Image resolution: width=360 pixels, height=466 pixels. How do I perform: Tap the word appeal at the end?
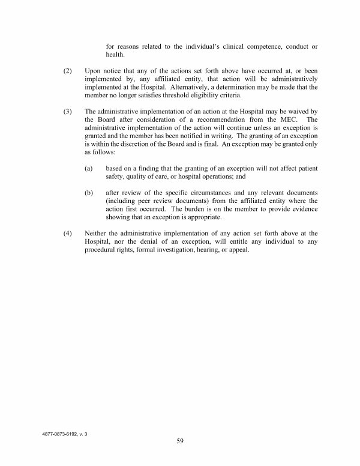(244, 250)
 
